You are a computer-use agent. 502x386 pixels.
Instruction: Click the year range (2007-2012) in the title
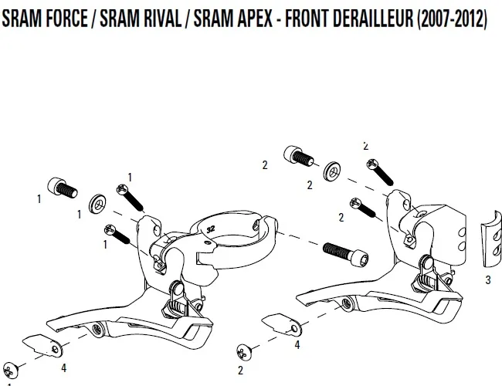point(452,19)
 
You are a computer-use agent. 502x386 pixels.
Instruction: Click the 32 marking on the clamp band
point(209,228)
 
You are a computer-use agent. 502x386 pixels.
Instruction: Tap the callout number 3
point(487,280)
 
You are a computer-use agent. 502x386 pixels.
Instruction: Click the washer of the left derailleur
point(98,204)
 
